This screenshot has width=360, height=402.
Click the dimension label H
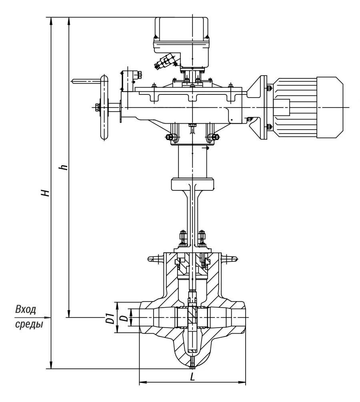[47, 192]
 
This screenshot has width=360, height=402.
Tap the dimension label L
[192, 376]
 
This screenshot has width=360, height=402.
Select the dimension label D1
[108, 318]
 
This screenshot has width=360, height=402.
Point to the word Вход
[26, 309]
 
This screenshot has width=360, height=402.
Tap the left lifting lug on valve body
[154, 259]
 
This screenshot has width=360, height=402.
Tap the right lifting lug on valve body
[230, 259]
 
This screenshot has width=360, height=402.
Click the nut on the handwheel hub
[97, 107]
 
